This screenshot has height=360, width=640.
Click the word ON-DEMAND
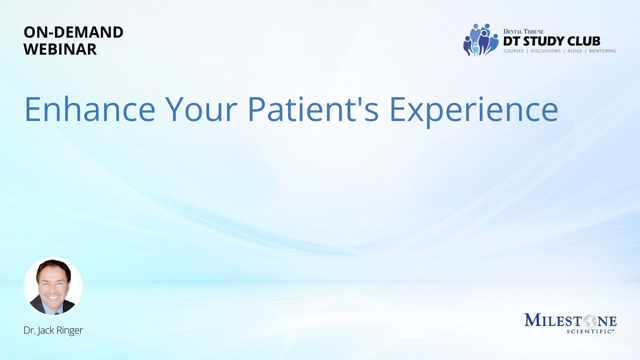point(73,32)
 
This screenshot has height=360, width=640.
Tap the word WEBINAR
point(60,49)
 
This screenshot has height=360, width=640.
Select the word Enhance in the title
point(90,109)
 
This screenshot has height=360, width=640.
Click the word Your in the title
point(201,109)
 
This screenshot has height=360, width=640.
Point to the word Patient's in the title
point(313,109)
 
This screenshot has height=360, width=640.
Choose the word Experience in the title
point(474,111)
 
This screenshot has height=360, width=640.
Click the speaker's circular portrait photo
point(53,286)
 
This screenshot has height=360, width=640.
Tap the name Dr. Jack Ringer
point(53,330)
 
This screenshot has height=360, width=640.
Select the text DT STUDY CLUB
point(552,41)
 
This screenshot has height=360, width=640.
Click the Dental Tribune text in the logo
point(523,31)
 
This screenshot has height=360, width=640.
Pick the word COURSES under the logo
point(514,51)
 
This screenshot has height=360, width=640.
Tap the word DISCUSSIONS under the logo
point(546,51)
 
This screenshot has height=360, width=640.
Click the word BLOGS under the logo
point(575,51)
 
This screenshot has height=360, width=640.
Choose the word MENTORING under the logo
point(602,51)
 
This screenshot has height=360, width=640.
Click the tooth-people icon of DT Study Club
point(481,40)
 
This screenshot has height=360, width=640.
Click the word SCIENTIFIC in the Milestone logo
point(589,331)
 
